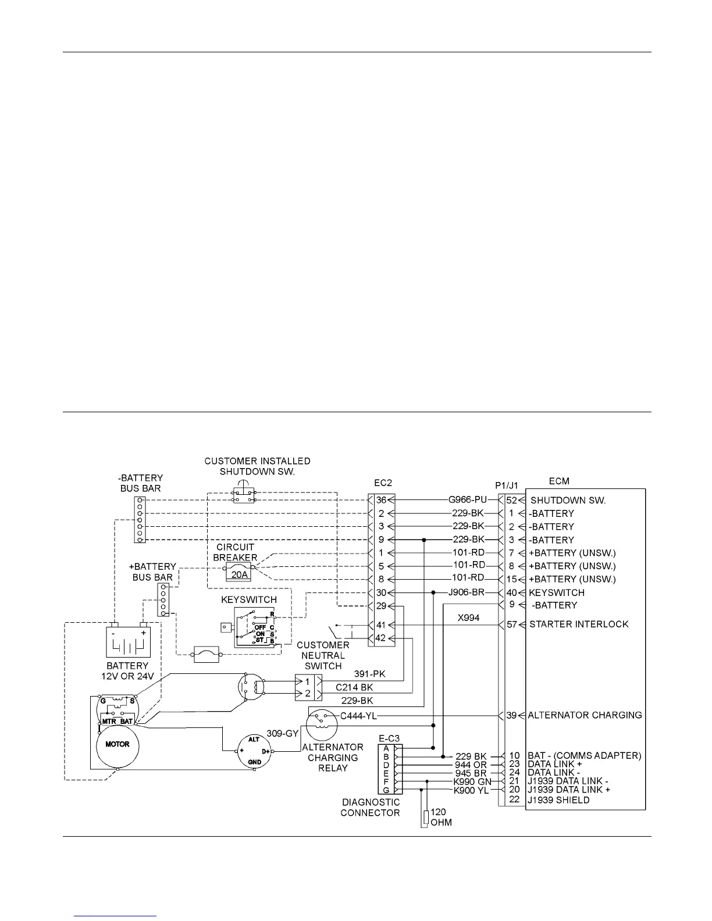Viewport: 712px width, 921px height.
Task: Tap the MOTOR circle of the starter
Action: click(117, 744)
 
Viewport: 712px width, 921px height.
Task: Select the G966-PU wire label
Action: click(467, 499)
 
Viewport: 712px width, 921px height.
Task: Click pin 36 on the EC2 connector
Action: click(381, 500)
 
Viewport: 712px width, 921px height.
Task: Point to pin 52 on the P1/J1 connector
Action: click(511, 500)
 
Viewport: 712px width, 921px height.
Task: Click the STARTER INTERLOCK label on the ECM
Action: click(578, 624)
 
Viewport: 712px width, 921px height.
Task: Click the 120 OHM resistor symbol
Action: click(425, 818)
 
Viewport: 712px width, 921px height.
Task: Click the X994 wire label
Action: click(468, 618)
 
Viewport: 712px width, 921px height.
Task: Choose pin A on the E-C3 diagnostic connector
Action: click(386, 748)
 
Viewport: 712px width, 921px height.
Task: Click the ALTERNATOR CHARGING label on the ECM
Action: click(585, 715)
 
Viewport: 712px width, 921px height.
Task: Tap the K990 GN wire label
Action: click(472, 781)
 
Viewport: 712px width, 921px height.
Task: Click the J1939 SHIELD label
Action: click(558, 800)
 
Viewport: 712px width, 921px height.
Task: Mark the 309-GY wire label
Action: click(282, 734)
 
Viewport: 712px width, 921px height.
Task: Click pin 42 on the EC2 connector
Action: click(381, 638)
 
